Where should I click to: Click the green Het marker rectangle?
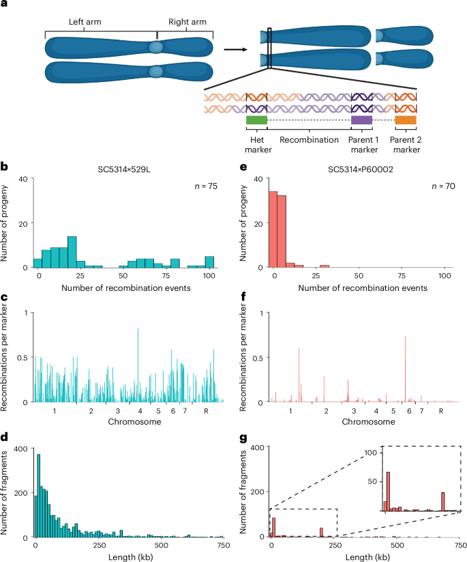(256, 120)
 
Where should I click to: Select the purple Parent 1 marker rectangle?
(361, 120)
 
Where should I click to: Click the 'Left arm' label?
(86, 21)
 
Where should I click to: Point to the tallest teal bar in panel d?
(38, 496)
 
